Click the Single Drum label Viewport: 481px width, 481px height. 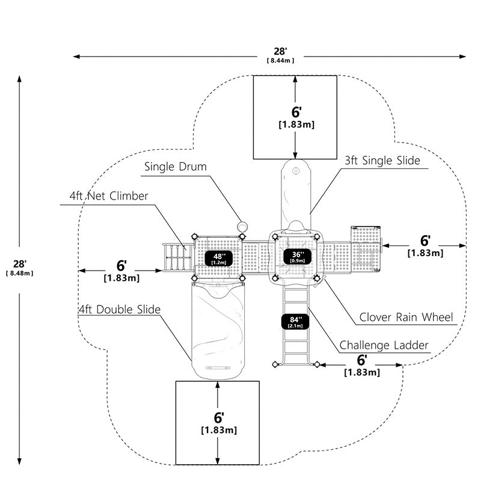175,167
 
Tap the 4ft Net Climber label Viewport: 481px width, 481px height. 109,196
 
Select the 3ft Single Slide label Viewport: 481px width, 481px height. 382,161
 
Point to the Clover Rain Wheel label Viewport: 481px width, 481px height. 406,317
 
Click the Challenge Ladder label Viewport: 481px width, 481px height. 384,345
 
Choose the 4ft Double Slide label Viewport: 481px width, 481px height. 120,310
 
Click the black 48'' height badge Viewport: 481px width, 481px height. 219,259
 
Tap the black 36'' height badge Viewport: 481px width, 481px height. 298,257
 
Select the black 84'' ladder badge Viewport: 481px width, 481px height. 295,322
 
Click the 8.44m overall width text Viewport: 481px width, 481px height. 280,61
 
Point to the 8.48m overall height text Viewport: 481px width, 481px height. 19,274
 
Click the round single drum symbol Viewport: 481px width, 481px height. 242,227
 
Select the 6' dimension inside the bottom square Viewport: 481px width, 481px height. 219,418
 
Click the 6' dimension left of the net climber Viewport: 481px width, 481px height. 121,266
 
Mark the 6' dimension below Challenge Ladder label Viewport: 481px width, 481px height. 362,360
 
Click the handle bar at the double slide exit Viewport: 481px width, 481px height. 218,367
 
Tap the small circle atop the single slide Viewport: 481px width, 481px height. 296,170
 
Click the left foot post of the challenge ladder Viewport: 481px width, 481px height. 275,364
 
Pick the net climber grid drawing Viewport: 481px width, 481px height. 178,257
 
